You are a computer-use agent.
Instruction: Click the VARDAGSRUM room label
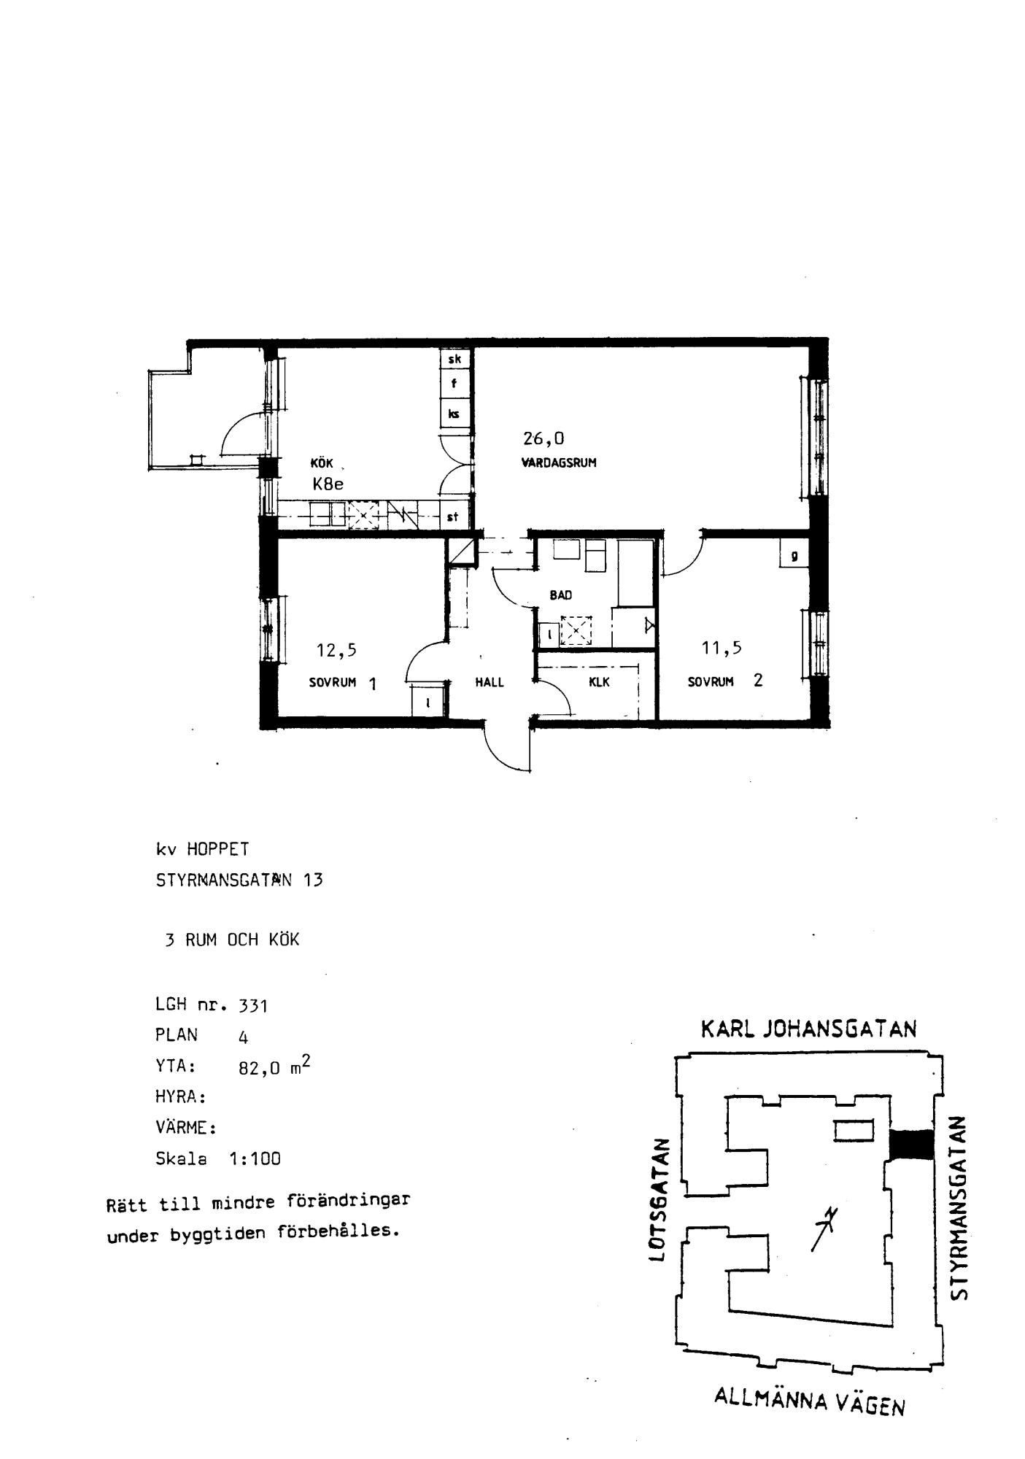tap(559, 463)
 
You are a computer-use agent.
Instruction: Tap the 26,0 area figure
tap(544, 438)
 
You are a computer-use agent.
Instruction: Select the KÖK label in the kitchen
tap(322, 463)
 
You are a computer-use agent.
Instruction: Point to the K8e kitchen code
tap(328, 483)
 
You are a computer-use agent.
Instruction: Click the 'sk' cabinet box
tap(454, 359)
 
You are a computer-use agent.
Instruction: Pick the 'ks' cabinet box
tap(454, 414)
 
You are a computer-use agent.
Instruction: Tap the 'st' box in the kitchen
tap(454, 517)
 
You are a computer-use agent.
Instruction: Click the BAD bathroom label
tap(560, 595)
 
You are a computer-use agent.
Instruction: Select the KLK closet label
tap(599, 683)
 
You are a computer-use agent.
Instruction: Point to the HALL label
tap(490, 683)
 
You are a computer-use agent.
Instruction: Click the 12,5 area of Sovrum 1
tap(336, 650)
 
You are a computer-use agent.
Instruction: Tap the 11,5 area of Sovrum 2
tap(722, 647)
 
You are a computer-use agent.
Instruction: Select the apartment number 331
tap(253, 1006)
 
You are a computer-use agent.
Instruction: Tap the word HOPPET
tap(217, 849)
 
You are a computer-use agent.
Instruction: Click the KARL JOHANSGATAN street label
tap(808, 1029)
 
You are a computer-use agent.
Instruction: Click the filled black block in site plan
tap(911, 1145)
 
